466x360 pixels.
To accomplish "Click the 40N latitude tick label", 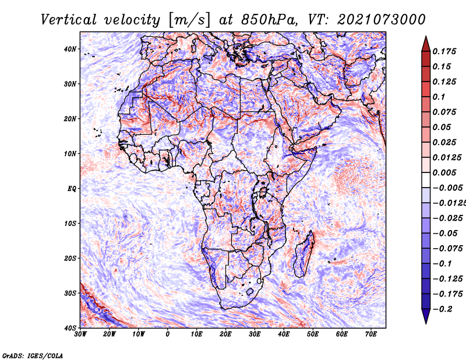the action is (x=70, y=49).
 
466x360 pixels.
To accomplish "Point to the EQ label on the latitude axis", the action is (x=72, y=189).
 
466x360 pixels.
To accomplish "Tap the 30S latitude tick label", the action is (x=70, y=294).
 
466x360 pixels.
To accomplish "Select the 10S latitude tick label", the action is (x=70, y=224).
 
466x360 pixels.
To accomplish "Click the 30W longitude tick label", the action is (x=80, y=334).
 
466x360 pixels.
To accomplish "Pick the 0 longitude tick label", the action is (x=168, y=334).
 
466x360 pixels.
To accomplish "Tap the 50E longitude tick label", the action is (x=313, y=334).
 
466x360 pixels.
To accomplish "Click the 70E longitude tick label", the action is (x=371, y=334).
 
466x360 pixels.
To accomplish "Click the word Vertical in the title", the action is (x=69, y=20).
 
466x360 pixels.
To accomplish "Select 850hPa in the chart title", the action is (x=269, y=20).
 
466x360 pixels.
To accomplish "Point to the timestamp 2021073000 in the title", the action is (x=381, y=20).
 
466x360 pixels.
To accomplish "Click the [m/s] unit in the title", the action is (x=189, y=20).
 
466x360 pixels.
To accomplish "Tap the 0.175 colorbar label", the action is (x=444, y=51).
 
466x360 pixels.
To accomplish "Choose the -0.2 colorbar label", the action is (x=442, y=309).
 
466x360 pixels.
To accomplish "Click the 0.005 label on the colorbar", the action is (x=444, y=172).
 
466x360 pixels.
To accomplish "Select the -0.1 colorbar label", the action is (x=442, y=264).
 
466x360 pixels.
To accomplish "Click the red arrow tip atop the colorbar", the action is (x=426, y=37).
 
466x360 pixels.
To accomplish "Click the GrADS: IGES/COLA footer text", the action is (x=33, y=356).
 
